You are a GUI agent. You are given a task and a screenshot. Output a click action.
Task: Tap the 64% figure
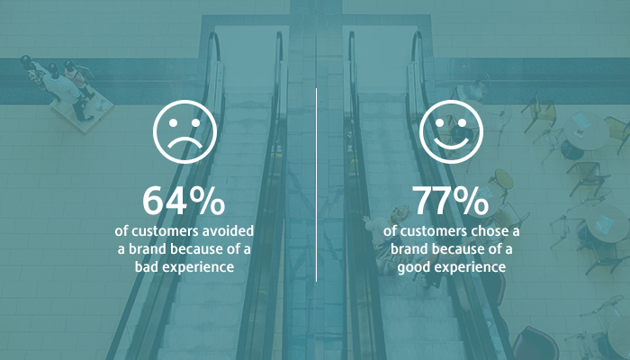click(x=184, y=201)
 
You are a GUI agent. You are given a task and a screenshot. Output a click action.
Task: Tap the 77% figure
click(x=450, y=201)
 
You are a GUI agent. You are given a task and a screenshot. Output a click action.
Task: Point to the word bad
click(x=143, y=266)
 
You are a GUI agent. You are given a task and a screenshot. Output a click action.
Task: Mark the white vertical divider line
click(x=316, y=184)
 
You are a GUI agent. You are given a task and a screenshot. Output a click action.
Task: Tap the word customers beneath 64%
click(x=165, y=231)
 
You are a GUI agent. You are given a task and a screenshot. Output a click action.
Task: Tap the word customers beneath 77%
click(x=434, y=231)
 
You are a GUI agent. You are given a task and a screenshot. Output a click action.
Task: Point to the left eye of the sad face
click(x=173, y=123)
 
